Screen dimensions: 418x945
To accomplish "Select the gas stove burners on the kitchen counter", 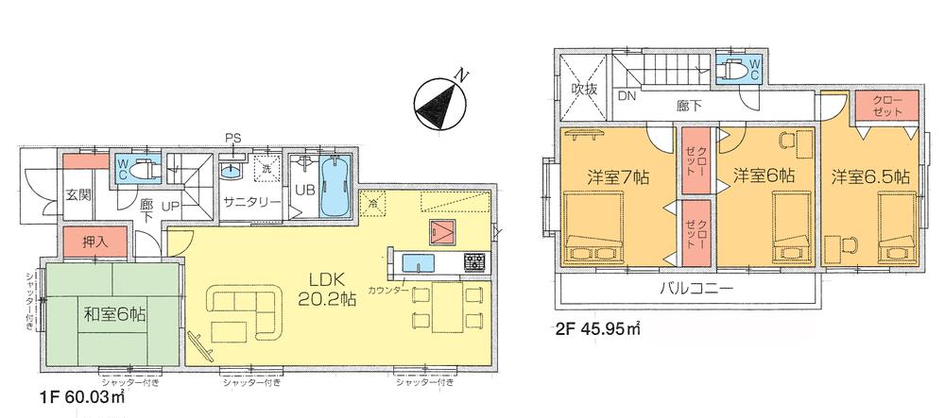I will (x=473, y=261).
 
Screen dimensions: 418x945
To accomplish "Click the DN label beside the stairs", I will (x=627, y=96).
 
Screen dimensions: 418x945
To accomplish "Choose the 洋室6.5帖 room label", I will (x=870, y=176).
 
